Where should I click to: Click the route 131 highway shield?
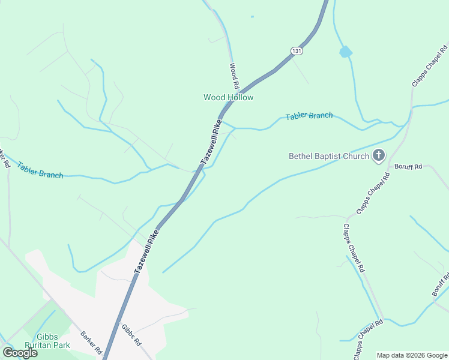point(296,51)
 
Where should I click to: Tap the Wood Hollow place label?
point(228,97)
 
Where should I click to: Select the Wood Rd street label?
point(234,75)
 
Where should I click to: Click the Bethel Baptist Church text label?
point(328,157)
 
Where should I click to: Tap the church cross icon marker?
point(378,156)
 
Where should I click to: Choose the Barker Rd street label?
point(91,342)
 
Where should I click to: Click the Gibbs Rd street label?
point(131,335)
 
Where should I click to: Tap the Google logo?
point(20,353)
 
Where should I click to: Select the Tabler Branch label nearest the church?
point(309,115)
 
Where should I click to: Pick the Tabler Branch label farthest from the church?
point(40,170)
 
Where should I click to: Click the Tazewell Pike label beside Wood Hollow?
point(211,143)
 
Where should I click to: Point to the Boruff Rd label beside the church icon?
point(408,166)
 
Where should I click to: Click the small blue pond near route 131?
point(345,52)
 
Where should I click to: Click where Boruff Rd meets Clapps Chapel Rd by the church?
point(391,167)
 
